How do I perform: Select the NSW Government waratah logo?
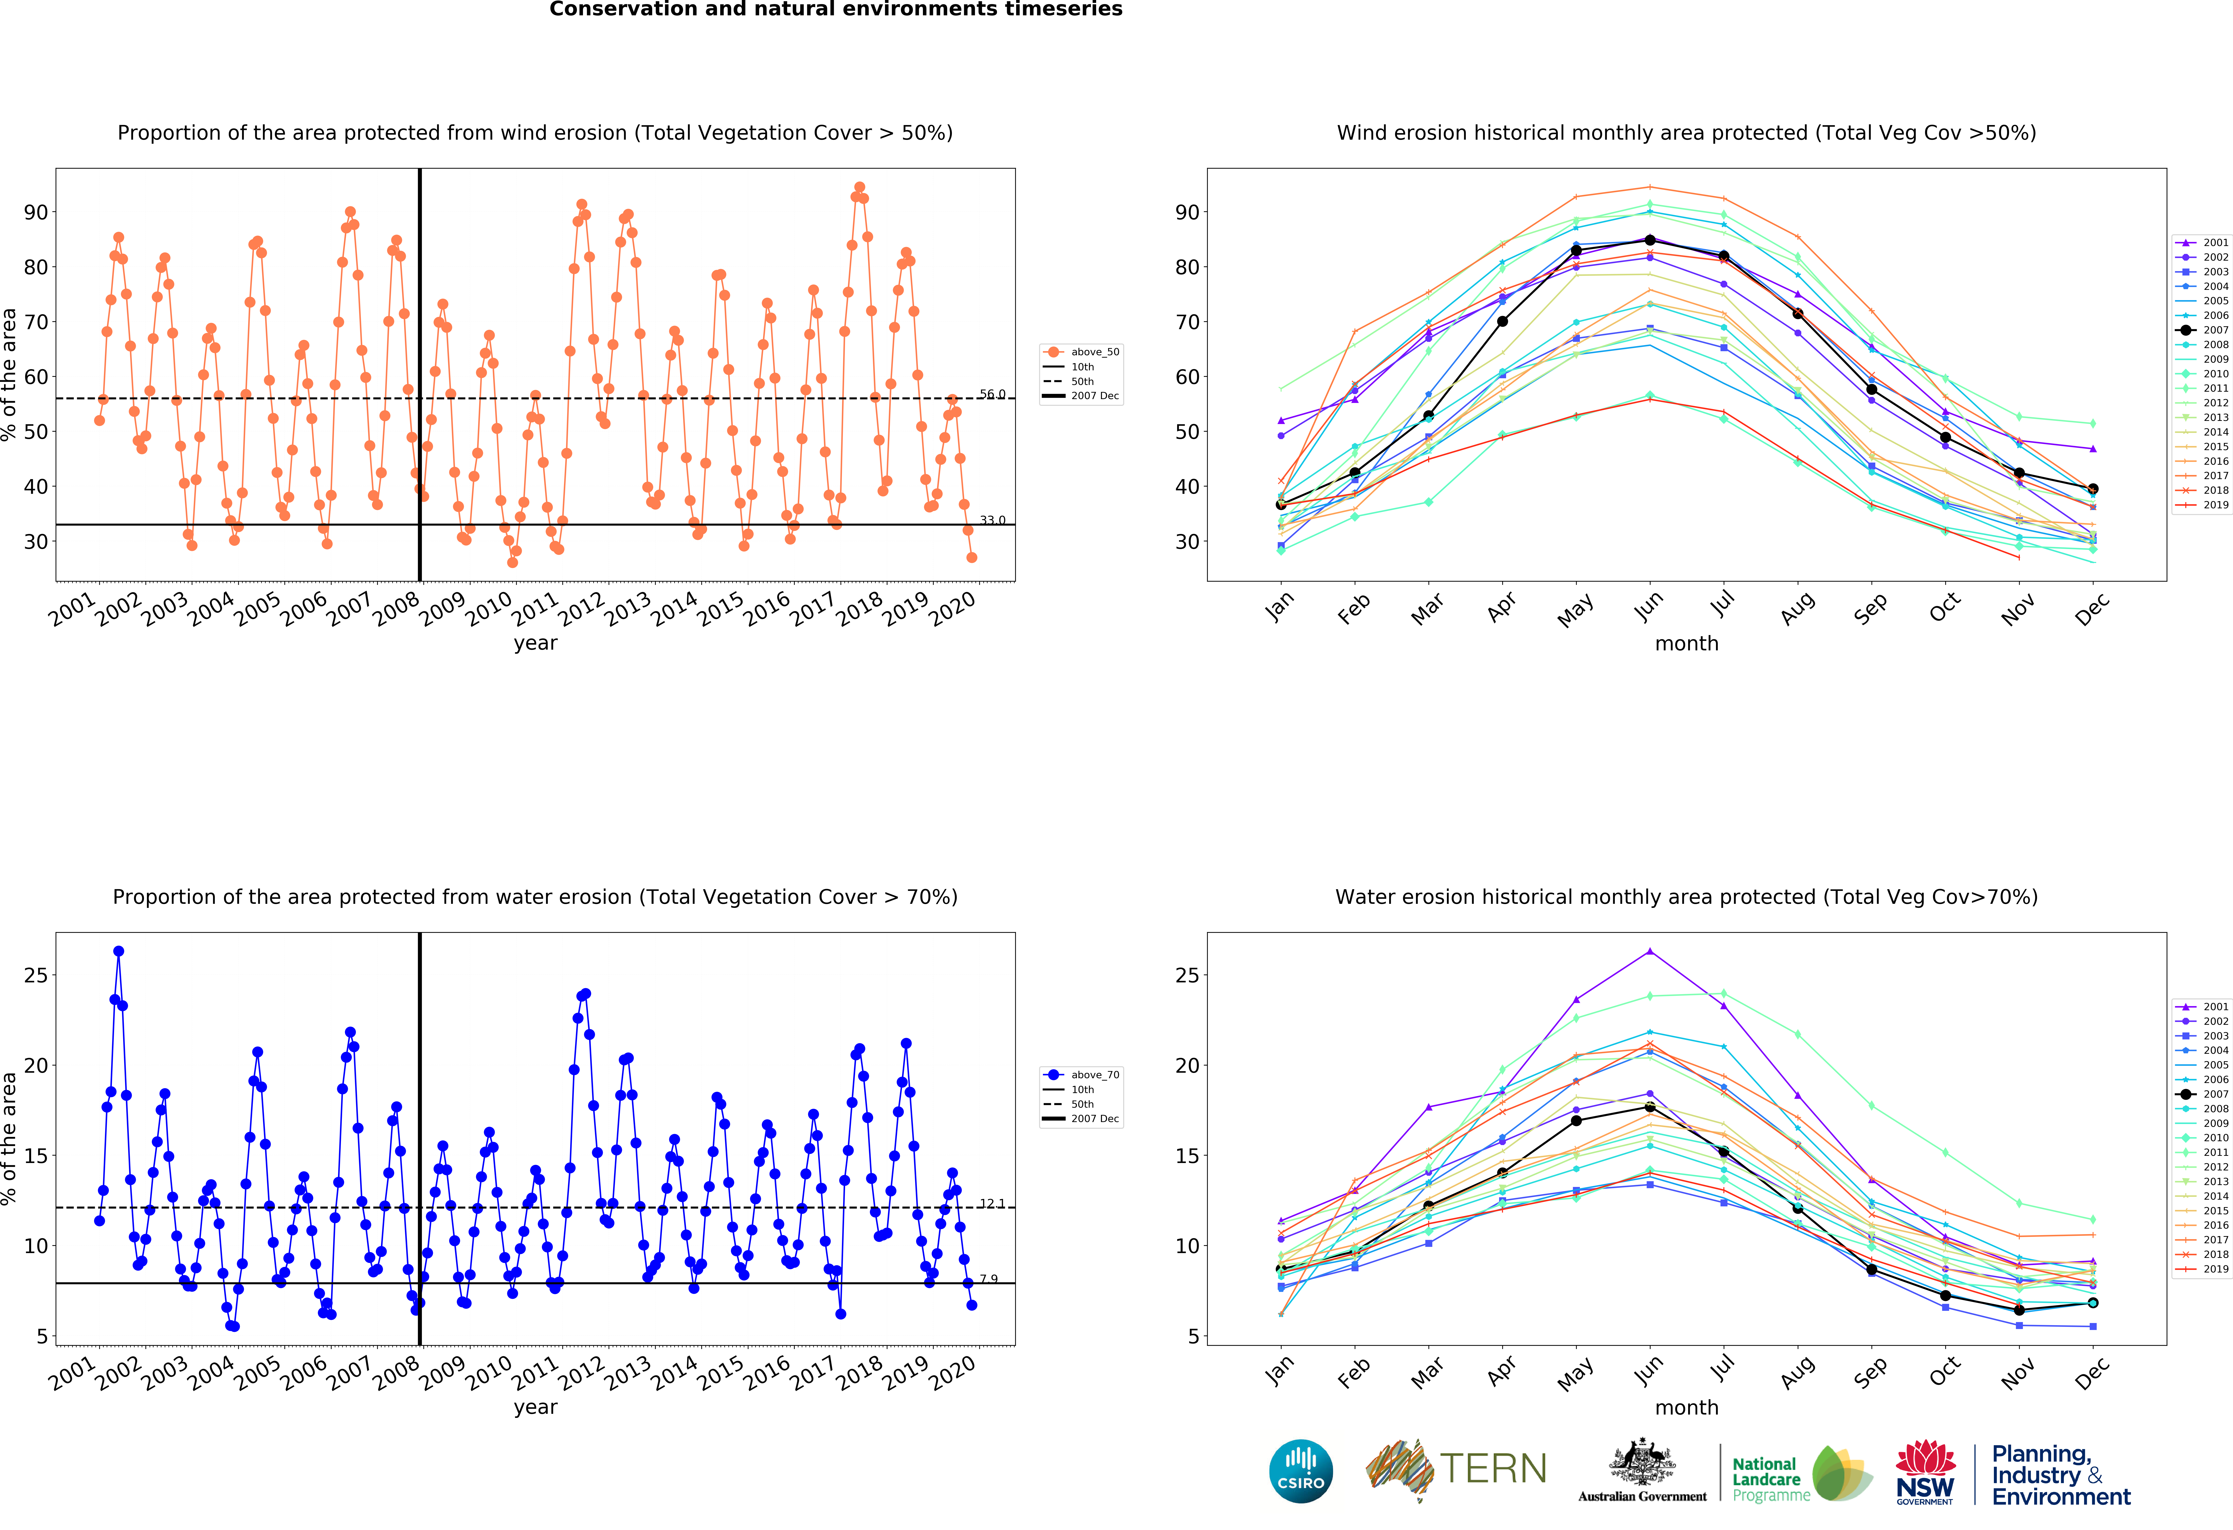click(x=1926, y=1471)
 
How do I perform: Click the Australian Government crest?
click(x=1642, y=1462)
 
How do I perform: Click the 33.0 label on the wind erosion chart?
click(x=993, y=521)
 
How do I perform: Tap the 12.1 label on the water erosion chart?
click(x=993, y=1203)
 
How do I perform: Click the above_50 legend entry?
click(x=1081, y=352)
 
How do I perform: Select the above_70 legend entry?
click(x=1081, y=1075)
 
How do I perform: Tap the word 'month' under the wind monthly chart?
click(x=1686, y=643)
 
